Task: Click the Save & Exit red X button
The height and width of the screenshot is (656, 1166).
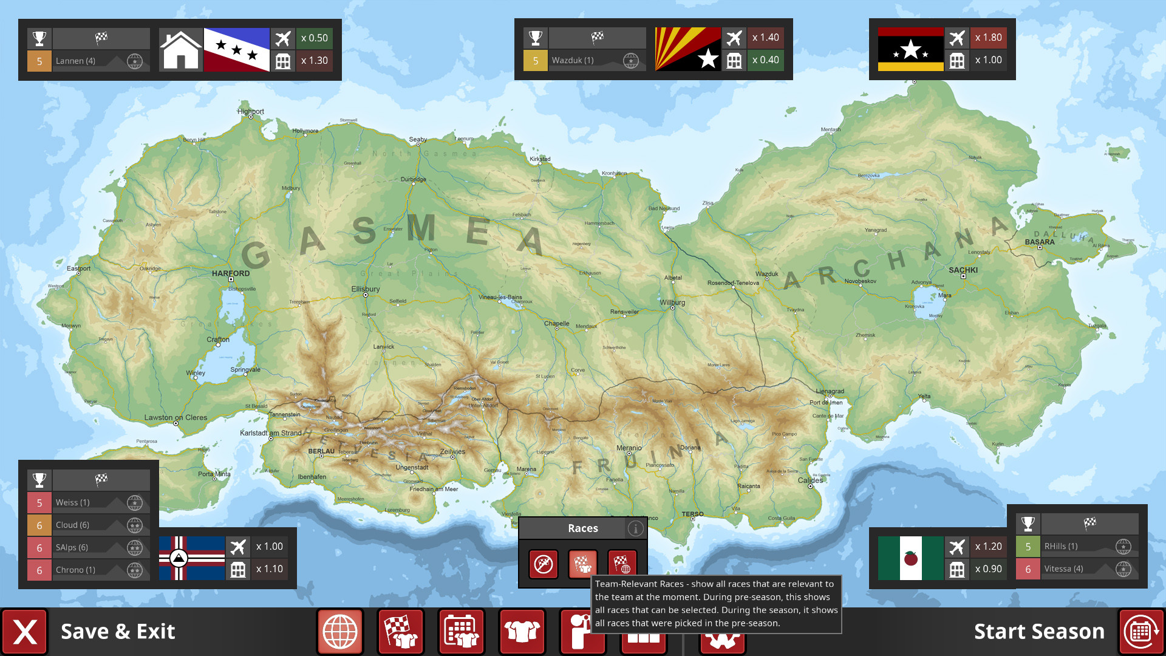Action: [25, 632]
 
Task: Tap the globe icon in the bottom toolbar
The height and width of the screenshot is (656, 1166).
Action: [340, 632]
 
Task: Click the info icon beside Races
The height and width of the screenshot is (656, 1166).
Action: [635, 528]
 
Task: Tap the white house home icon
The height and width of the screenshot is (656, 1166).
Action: [180, 50]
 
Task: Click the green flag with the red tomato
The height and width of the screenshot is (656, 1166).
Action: [910, 558]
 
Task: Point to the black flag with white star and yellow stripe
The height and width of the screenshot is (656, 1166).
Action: [910, 49]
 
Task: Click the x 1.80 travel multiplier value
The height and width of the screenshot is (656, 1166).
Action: [988, 38]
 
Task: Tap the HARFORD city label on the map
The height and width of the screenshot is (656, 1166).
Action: [231, 273]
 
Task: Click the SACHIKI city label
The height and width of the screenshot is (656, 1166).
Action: [963, 270]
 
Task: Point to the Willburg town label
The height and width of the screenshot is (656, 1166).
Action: [672, 302]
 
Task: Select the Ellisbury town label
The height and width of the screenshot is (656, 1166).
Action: [366, 289]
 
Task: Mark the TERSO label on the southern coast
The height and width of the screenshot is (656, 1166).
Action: [692, 514]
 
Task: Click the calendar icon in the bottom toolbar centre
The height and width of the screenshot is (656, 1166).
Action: [462, 632]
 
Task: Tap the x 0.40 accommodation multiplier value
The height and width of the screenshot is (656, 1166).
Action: [765, 60]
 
